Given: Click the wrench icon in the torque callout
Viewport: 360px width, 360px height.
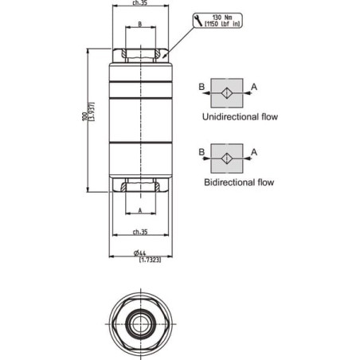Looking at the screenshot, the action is (198, 21).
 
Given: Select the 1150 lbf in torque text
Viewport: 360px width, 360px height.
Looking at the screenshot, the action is (222, 24).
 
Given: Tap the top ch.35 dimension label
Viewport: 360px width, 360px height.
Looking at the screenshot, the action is (139, 3).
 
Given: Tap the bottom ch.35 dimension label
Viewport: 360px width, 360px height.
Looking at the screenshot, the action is (140, 232).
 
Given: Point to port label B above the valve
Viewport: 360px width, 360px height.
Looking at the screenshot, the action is (140, 24).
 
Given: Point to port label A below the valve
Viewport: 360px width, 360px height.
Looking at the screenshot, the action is (140, 210).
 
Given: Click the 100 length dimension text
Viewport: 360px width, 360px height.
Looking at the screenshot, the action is (84, 117).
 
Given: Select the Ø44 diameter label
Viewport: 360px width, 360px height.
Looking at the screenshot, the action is (139, 253).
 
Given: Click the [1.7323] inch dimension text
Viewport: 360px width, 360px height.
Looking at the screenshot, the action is (150, 260).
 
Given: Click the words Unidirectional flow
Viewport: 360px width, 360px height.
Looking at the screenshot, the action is (240, 117).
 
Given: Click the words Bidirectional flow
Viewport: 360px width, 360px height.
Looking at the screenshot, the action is (239, 182).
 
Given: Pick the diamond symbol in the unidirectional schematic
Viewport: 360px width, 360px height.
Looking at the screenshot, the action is (227, 93).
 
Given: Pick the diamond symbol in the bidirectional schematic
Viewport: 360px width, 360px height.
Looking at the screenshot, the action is (227, 158).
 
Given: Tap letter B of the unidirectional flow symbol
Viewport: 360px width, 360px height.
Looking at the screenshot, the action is (202, 87).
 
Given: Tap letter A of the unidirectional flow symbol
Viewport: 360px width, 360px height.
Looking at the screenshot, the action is (254, 87).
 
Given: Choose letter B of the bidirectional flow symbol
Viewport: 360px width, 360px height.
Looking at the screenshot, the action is (202, 152).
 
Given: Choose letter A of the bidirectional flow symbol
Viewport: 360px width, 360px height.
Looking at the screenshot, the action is (254, 152).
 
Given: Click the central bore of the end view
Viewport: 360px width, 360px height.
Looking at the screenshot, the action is (140, 324).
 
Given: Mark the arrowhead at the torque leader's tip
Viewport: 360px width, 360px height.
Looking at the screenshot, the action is (164, 56).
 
